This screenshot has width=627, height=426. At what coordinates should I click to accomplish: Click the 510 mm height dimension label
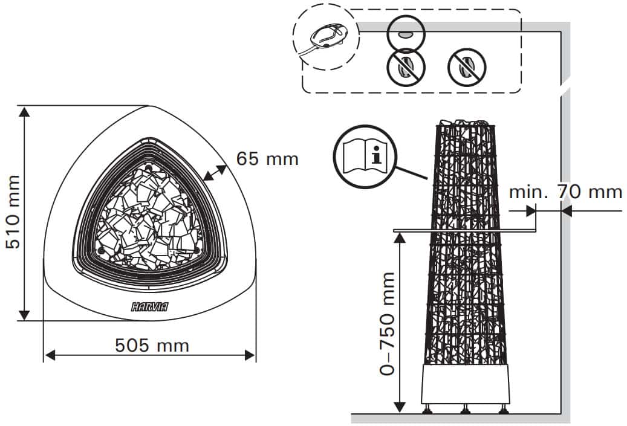[x=13, y=212]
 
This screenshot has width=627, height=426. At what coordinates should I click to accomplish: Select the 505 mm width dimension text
[x=152, y=345]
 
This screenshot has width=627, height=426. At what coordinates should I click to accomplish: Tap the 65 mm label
[x=267, y=159]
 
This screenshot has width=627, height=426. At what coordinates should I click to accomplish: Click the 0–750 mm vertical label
[x=387, y=324]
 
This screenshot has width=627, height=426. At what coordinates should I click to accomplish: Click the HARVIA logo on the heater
[x=150, y=307]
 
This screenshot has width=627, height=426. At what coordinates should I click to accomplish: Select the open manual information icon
[x=365, y=157]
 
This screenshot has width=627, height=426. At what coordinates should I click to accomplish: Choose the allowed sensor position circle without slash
[x=406, y=34]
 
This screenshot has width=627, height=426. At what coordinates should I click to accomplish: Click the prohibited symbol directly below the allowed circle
[x=406, y=67]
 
